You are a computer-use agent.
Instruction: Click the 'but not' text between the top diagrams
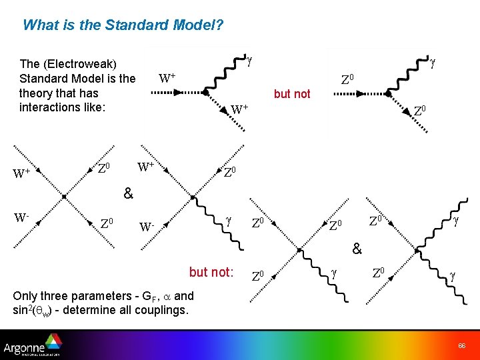(292, 94)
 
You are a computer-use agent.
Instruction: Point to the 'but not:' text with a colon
(211, 272)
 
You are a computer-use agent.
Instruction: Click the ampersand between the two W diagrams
(128, 194)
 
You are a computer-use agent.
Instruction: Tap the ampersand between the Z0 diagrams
(357, 249)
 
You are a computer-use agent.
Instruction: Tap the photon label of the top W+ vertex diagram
(249, 61)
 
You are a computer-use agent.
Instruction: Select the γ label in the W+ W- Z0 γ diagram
(228, 218)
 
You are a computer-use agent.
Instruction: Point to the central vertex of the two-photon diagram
(415, 248)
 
